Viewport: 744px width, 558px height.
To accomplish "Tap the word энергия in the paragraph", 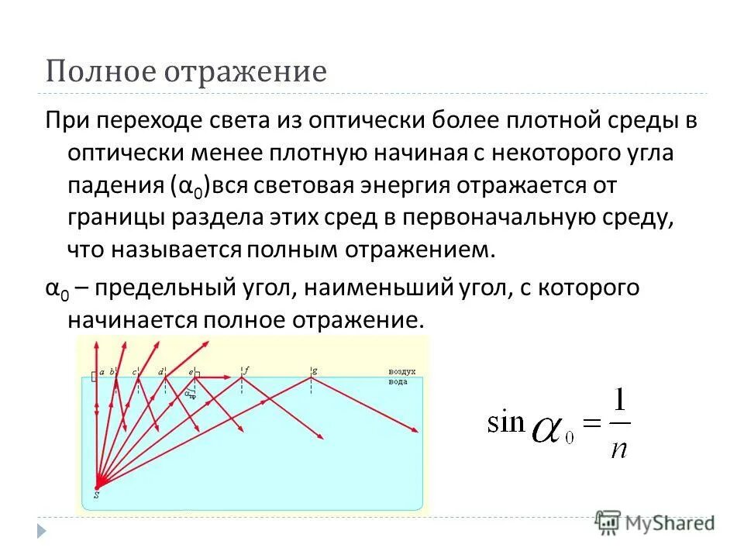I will coord(402,186).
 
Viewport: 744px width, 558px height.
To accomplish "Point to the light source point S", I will coord(96,491).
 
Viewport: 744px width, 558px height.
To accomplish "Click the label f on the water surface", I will coord(246,370).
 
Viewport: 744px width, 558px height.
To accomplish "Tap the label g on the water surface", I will coord(314,370).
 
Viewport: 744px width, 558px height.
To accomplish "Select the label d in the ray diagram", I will coord(161,371).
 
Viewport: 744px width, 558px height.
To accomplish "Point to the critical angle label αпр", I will coord(190,394).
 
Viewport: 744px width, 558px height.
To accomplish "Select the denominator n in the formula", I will coord(618,447).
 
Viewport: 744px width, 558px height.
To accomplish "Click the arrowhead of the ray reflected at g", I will coord(417,434).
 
